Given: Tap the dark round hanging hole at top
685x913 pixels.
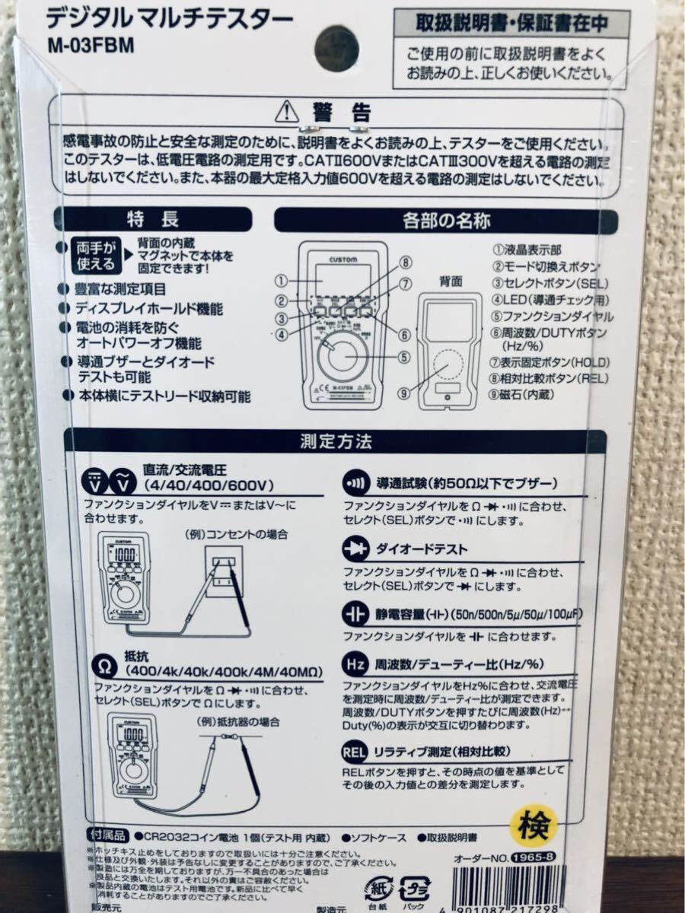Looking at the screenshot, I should coord(336,45).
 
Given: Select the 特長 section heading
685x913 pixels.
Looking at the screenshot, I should coord(152,221).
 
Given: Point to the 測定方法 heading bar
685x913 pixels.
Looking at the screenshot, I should coord(336,441).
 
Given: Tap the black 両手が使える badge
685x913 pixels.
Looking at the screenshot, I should coord(97,256).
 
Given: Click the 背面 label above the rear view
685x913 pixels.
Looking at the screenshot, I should coord(451,281).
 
